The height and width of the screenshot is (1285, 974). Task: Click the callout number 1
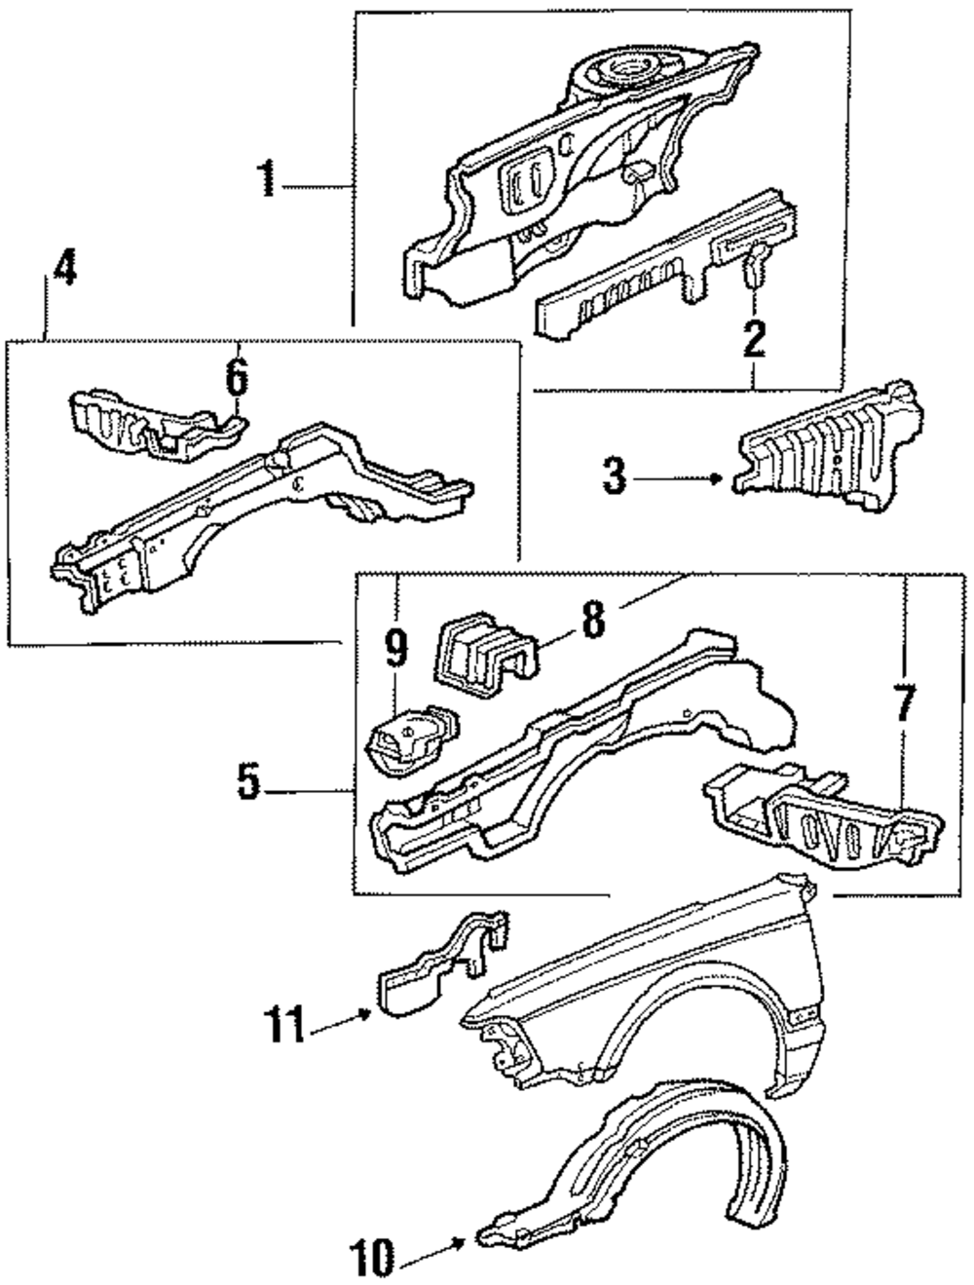coord(264,182)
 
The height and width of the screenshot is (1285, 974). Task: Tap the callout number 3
coord(614,478)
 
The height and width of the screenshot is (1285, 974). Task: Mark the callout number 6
coord(237,377)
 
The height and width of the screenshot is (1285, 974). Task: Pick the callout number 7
coord(906,703)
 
